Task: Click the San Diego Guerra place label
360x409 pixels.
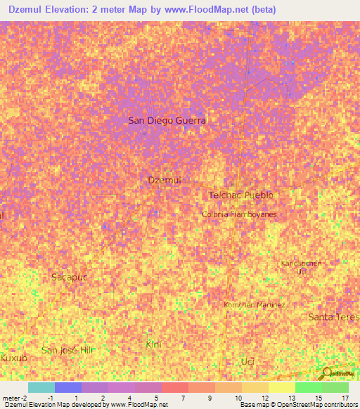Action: (167, 120)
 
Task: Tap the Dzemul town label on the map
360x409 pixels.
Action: (165, 180)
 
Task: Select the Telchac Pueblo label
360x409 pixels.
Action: (240, 195)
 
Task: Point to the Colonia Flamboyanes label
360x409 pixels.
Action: (239, 214)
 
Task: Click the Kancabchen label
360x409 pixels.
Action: (302, 264)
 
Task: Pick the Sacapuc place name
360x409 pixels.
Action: (70, 277)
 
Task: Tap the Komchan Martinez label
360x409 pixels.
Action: (254, 305)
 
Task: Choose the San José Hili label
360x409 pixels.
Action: (67, 350)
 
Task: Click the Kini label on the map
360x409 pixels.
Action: (153, 344)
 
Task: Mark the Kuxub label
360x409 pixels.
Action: (13, 358)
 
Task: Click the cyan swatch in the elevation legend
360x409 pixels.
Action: (41, 387)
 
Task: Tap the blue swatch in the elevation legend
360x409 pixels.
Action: (68, 387)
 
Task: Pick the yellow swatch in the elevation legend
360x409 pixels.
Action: (282, 387)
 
